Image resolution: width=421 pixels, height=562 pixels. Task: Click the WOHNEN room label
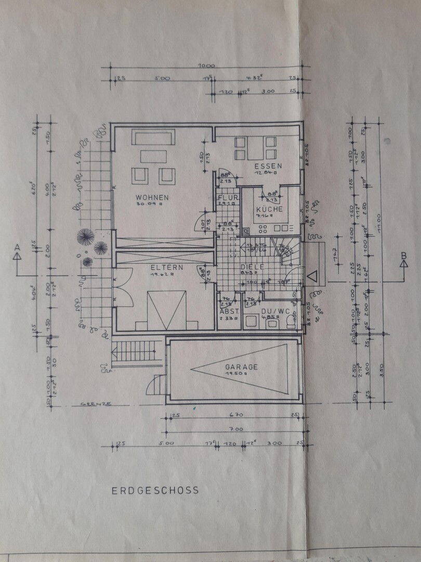click(x=152, y=197)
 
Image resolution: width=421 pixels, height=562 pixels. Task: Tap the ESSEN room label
click(x=268, y=167)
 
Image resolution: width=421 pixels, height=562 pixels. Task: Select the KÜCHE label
click(x=269, y=209)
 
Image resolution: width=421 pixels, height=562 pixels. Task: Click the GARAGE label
click(x=241, y=366)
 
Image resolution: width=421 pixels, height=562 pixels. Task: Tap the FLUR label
click(x=228, y=198)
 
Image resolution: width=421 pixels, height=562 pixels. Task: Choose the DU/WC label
click(x=274, y=311)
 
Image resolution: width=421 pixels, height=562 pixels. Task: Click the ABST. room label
click(x=229, y=311)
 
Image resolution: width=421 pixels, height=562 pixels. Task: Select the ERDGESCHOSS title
click(x=155, y=490)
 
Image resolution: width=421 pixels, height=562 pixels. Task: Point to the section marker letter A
click(x=18, y=246)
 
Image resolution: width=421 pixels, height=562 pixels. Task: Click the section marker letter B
click(x=403, y=255)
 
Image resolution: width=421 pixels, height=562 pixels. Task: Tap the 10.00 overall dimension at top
click(x=206, y=66)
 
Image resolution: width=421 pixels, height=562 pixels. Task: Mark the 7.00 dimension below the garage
click(x=236, y=429)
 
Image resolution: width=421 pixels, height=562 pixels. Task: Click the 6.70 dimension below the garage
click(x=236, y=415)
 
